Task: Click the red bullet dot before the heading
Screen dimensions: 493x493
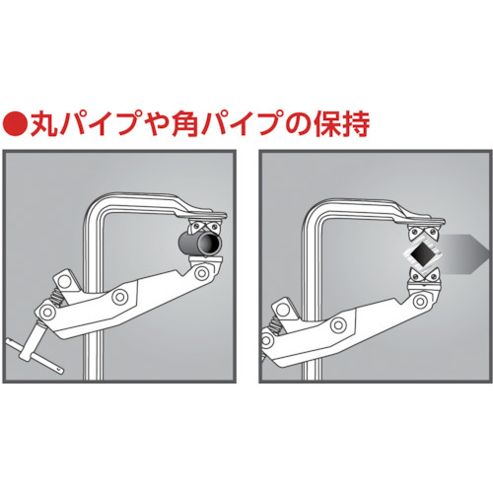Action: click(x=15, y=124)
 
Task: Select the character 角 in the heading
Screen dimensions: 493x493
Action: click(x=185, y=124)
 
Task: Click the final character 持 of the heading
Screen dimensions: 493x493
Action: click(x=356, y=124)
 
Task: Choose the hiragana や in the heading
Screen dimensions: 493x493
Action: click(x=157, y=124)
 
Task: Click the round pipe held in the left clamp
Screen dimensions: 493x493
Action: click(x=200, y=244)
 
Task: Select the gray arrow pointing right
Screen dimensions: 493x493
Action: click(x=465, y=254)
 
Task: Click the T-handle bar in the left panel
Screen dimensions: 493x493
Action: click(x=34, y=356)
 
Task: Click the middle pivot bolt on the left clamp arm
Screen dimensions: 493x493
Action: click(x=119, y=297)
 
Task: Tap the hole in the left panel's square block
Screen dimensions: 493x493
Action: click(x=65, y=280)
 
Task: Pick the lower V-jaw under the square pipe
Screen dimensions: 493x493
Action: click(x=423, y=275)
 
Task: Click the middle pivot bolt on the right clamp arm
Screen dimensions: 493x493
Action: click(x=338, y=324)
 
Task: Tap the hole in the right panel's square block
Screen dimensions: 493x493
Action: click(x=283, y=309)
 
